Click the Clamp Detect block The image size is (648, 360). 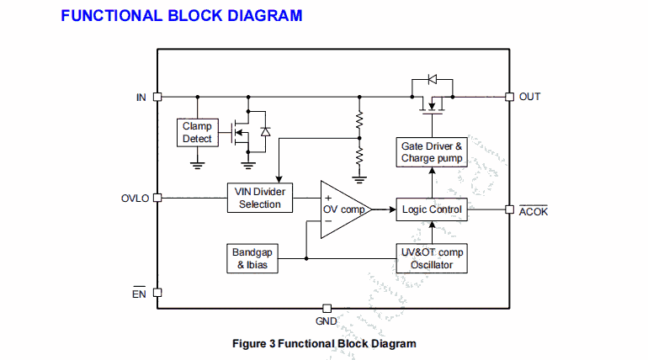click(197, 132)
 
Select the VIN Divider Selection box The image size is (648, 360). click(260, 198)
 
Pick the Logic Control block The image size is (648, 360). click(432, 209)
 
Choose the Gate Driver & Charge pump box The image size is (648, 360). click(432, 151)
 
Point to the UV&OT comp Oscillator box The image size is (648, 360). click(432, 258)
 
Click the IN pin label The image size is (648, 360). click(141, 97)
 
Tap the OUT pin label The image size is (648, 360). click(530, 97)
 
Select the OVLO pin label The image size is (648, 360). click(135, 199)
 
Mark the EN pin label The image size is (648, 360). click(139, 294)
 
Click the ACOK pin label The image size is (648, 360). click(534, 211)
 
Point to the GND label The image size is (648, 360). click(327, 321)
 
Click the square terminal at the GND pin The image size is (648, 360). click(327, 309)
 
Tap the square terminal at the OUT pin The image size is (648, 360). click(509, 96)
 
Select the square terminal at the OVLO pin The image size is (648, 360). click(157, 199)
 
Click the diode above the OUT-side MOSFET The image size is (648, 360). click(433, 80)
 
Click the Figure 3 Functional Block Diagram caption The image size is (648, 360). click(324, 343)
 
